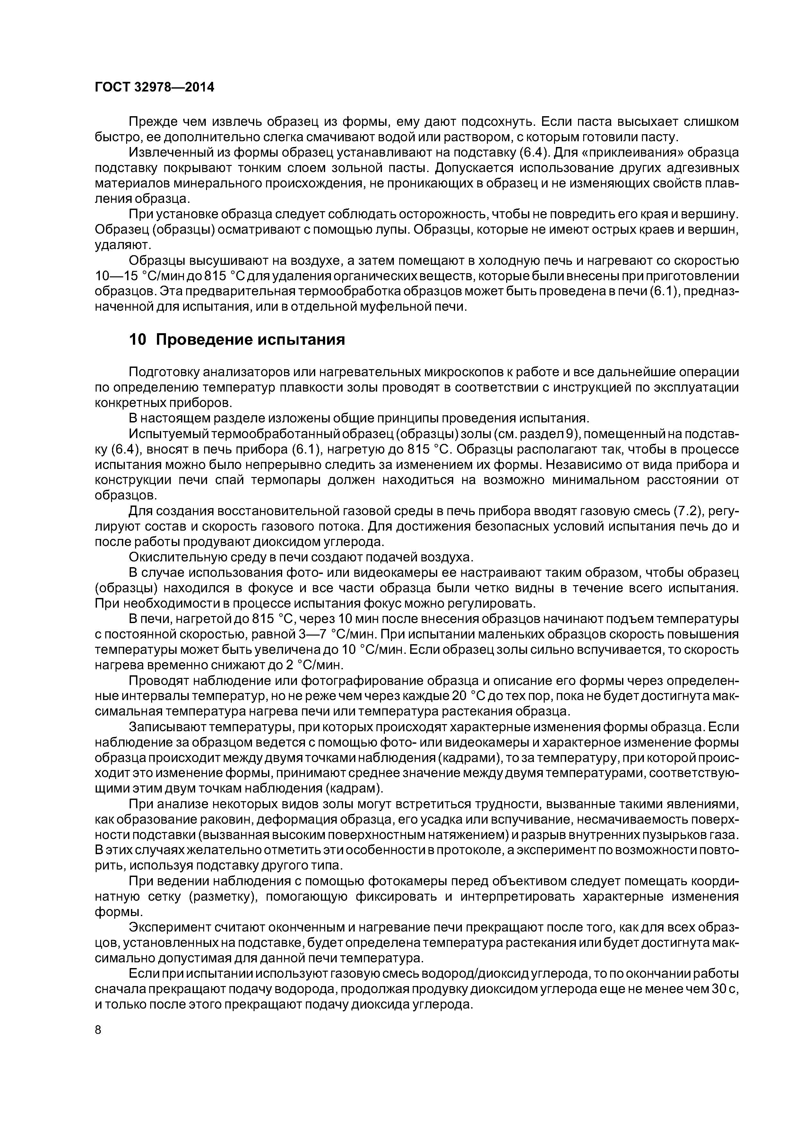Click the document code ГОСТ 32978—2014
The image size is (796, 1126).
[x=154, y=87]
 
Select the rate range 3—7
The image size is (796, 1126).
[x=312, y=634]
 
